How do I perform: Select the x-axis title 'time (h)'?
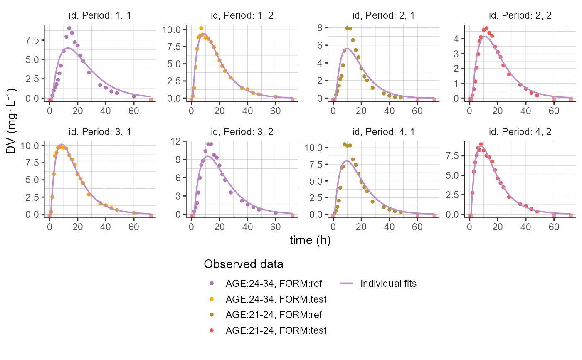(x=310, y=241)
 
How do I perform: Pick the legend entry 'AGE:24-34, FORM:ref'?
(x=274, y=284)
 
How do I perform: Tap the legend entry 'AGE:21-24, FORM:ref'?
(x=274, y=315)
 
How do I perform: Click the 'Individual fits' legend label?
(x=388, y=284)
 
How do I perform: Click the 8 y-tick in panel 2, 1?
(x=321, y=27)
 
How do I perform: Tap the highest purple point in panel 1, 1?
(x=69, y=28)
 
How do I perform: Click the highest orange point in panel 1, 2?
(x=201, y=28)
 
